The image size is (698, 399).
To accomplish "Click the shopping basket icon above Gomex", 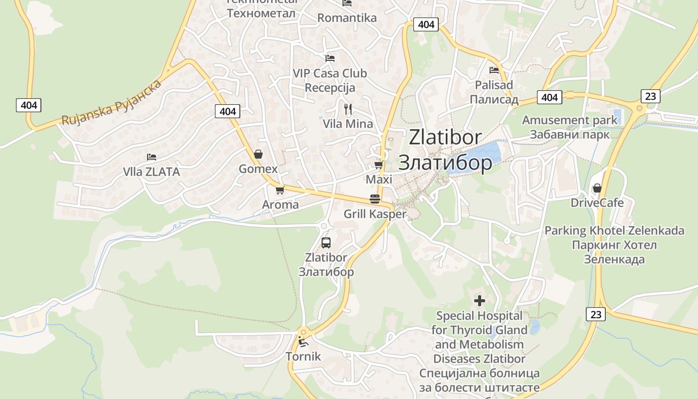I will [258, 154].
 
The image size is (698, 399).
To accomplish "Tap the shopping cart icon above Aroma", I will [280, 190].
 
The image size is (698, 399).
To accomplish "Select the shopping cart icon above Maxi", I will [378, 165].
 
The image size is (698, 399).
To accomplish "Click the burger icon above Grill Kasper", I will [375, 199].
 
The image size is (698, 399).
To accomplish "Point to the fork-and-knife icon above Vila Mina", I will [348, 108].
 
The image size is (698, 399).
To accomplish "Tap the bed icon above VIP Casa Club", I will [330, 58].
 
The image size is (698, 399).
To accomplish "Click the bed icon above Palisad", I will [494, 70].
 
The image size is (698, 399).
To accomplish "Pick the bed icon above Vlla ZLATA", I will [152, 157].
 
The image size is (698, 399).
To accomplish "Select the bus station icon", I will [326, 243].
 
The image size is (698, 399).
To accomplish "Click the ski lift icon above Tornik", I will [303, 342].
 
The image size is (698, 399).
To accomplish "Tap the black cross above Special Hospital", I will [479, 301].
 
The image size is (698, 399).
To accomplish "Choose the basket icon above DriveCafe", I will [597, 188].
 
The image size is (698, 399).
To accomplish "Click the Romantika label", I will [347, 18].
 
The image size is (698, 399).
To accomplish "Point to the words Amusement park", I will [569, 120].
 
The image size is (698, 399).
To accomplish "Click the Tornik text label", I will [303, 357].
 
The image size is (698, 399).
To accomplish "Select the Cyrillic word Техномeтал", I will [261, 13].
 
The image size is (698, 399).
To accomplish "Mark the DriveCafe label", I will [597, 203].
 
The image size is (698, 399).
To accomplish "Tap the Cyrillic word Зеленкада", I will [614, 259].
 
